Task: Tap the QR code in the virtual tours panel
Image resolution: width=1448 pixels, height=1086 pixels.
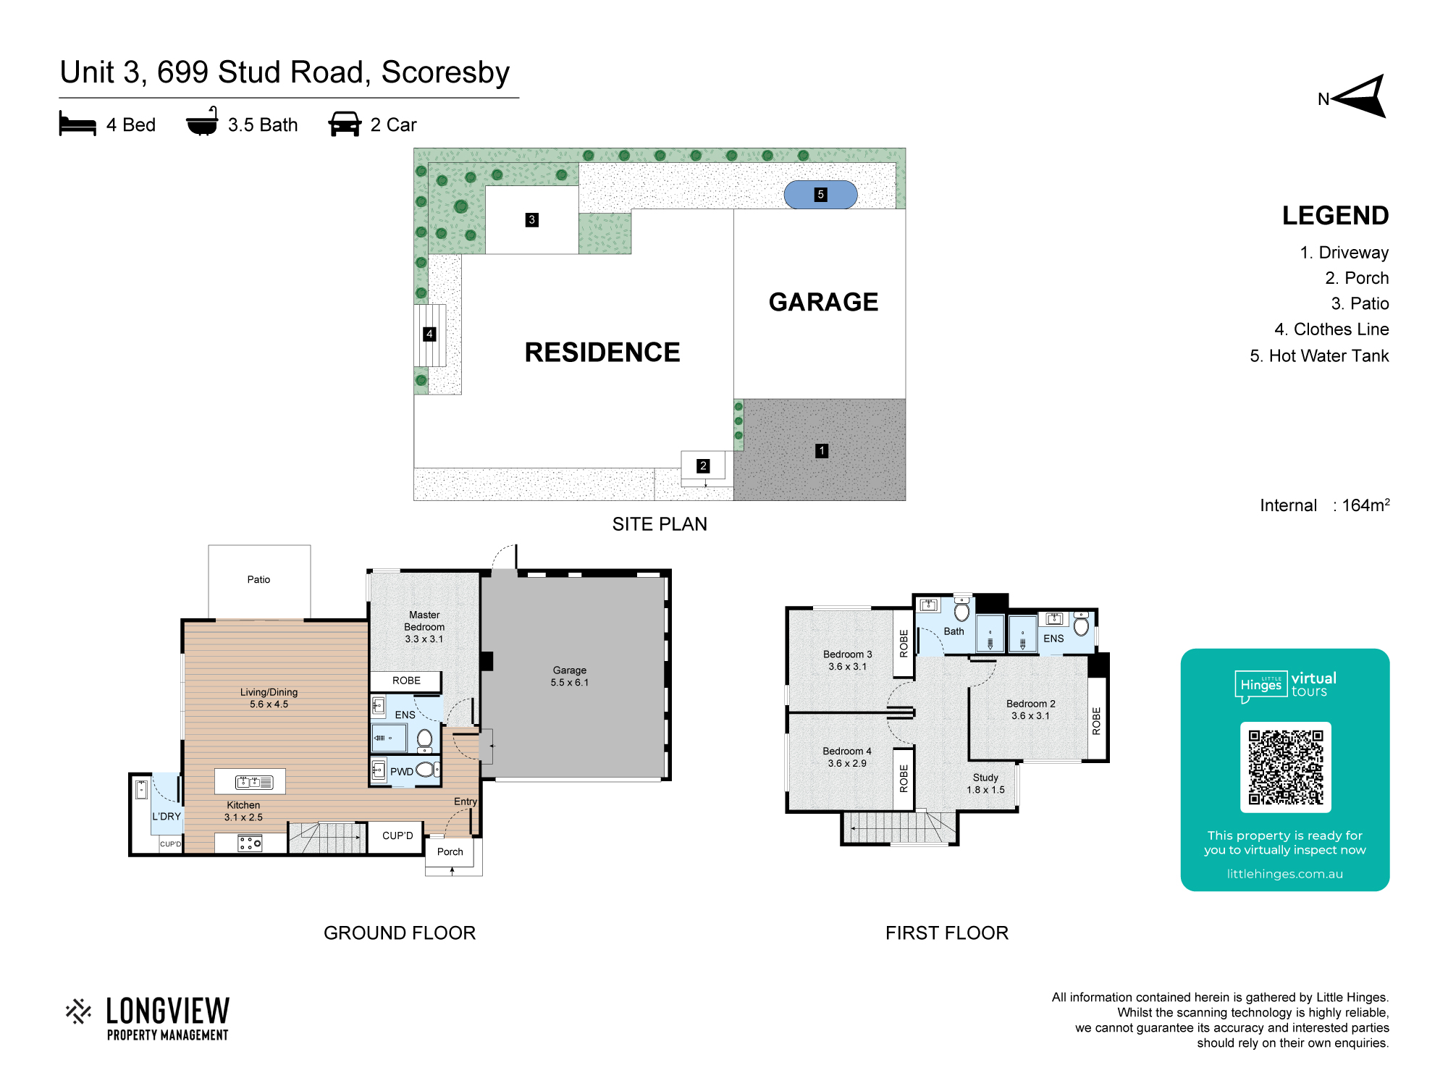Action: click(x=1285, y=767)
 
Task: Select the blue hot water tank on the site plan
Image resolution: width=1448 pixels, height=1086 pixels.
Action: click(x=820, y=195)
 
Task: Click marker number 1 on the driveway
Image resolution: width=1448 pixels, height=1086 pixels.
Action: click(x=822, y=451)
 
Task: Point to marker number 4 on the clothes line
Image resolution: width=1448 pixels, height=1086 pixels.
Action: click(x=429, y=334)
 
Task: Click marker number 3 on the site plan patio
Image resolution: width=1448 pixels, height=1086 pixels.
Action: click(x=532, y=220)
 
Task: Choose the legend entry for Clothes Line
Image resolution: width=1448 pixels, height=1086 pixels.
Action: click(x=1331, y=329)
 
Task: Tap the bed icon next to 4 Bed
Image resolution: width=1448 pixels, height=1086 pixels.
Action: click(x=77, y=124)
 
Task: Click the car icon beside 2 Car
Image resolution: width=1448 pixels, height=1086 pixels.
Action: click(x=345, y=124)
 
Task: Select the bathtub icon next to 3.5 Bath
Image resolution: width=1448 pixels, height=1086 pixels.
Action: click(x=202, y=122)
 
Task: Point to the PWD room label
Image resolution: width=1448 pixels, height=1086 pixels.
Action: click(x=402, y=772)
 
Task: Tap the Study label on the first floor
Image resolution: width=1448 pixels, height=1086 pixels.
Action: click(x=985, y=778)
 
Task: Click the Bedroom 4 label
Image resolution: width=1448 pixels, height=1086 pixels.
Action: click(x=847, y=752)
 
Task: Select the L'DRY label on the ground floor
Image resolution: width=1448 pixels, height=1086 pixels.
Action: click(x=167, y=817)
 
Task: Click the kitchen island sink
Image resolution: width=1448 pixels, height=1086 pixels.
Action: click(x=254, y=782)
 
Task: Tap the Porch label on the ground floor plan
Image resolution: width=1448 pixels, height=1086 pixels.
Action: click(x=450, y=852)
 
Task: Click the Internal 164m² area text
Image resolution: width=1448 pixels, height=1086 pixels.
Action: click(x=1325, y=505)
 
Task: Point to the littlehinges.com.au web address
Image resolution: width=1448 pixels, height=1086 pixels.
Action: click(x=1285, y=874)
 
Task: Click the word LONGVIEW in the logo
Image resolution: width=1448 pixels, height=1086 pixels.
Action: click(x=168, y=1011)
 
